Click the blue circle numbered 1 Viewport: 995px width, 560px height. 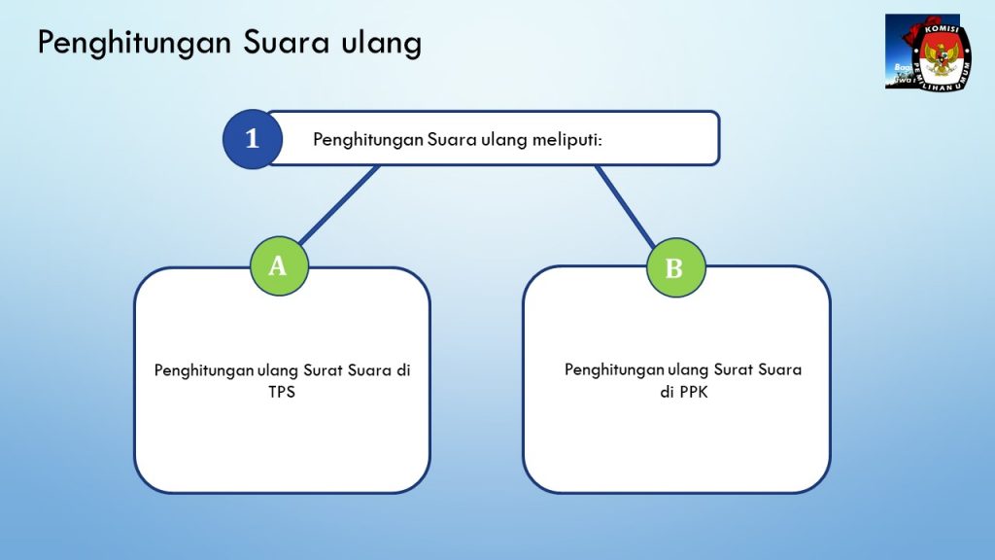point(253,139)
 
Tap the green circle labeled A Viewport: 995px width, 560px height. point(279,266)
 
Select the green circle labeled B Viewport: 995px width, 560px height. point(676,268)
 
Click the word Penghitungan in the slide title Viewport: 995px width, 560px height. point(134,44)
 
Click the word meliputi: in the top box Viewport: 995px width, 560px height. point(566,140)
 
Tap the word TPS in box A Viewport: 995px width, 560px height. point(282,392)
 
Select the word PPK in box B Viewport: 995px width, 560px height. point(693,392)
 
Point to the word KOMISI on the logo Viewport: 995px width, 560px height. point(942,30)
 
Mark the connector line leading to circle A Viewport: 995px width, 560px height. point(339,204)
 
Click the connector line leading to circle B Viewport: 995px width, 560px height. point(625,206)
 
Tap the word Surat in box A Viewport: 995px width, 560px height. point(323,370)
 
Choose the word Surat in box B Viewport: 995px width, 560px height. point(733,369)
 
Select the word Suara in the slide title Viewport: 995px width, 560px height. point(287,43)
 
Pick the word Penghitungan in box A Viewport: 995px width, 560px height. point(204,370)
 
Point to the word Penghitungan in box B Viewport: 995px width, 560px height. point(614,370)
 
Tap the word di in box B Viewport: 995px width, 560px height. point(667,392)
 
